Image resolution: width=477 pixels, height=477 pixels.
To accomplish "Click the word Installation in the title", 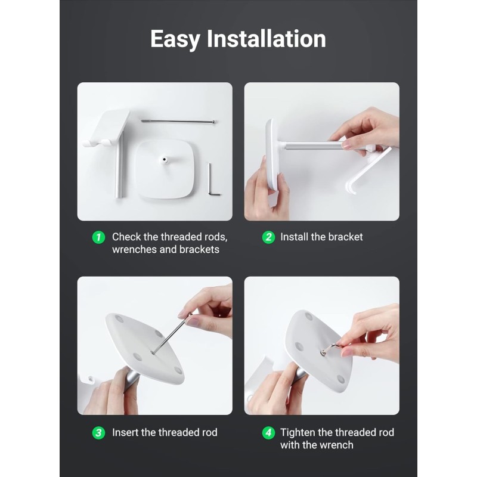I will tap(266, 39).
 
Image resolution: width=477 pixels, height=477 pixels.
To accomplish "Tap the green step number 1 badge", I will tap(98, 237).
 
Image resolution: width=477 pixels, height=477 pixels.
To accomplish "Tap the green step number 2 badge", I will tap(268, 237).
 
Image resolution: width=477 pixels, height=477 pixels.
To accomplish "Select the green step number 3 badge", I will tap(98, 433).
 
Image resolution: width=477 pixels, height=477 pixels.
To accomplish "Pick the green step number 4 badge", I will tap(268, 433).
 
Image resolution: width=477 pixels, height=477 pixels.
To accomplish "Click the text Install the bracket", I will tap(321, 237).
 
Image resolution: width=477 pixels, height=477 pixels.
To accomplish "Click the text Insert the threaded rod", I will tap(165, 433).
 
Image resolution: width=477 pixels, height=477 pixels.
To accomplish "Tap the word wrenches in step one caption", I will tap(135, 250).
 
